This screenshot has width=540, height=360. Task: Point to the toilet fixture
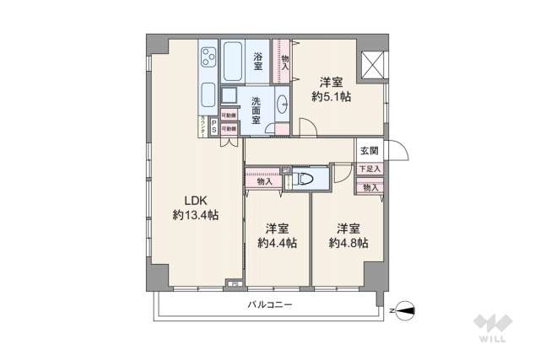click(303, 179)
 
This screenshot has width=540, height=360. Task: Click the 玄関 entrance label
click(369, 151)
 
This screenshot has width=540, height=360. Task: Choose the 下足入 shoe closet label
click(369, 169)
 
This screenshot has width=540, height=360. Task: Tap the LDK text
click(196, 201)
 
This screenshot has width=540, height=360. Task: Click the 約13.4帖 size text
click(196, 216)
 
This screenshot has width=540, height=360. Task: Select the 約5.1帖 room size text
click(331, 98)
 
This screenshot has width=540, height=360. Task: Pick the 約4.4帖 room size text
click(277, 243)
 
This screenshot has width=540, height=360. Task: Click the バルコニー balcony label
click(270, 304)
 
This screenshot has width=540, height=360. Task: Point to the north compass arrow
click(403, 309)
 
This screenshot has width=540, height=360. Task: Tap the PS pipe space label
click(213, 126)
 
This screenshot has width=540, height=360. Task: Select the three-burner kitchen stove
click(208, 59)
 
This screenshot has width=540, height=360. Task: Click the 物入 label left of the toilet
click(264, 181)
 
